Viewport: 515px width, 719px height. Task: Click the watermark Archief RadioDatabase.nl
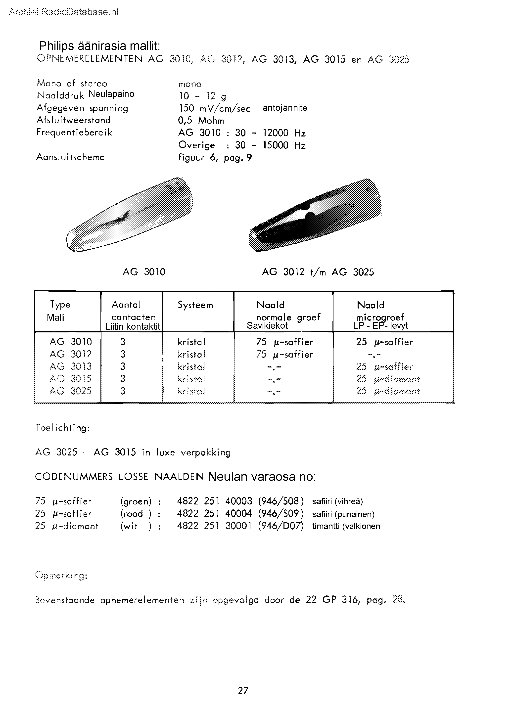tap(63, 12)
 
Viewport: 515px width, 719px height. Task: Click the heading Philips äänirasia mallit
tap(99, 46)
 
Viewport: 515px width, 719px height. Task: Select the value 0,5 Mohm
tap(201, 121)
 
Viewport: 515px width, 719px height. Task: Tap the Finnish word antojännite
tap(284, 108)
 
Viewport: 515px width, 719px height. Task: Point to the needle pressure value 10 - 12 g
tap(202, 96)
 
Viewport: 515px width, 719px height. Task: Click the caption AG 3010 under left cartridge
tap(144, 272)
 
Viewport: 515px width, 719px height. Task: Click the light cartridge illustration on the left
tap(130, 216)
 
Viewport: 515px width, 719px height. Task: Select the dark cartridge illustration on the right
tap(314, 216)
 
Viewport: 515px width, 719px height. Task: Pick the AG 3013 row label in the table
tap(70, 366)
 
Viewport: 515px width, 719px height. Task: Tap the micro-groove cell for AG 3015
tap(387, 379)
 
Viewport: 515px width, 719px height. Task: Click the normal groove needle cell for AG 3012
tap(284, 355)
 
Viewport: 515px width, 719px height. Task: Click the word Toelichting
tap(63, 428)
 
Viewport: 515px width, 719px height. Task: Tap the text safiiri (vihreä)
tap(337, 501)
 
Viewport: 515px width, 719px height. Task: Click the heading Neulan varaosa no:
tap(262, 477)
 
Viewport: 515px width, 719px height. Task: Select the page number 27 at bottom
tap(243, 690)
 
